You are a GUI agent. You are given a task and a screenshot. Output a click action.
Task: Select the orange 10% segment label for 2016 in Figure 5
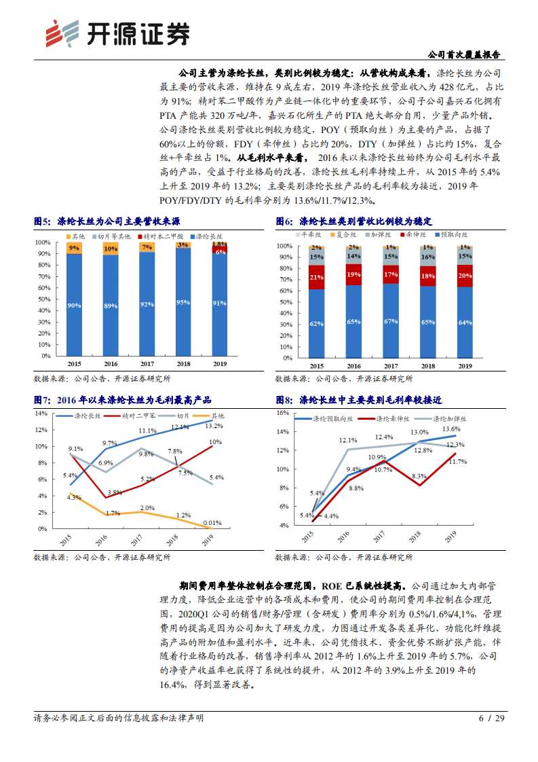[110, 249]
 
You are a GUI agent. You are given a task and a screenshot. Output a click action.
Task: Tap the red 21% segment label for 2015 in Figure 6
[316, 277]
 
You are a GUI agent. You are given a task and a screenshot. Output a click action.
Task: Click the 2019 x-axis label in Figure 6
[464, 366]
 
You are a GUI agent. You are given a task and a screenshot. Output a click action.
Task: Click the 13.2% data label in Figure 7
[214, 426]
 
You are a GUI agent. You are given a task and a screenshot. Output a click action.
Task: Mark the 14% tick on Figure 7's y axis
[41, 413]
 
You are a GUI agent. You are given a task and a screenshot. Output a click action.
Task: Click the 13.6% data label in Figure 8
[451, 429]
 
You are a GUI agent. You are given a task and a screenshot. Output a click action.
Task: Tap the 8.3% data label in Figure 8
[419, 476]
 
